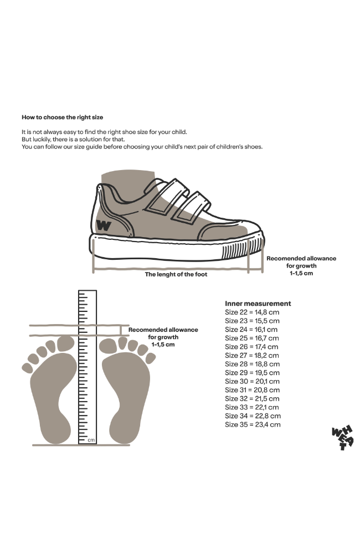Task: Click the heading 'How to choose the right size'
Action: click(62, 117)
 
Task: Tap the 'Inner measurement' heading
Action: click(258, 304)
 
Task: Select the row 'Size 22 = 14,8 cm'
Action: click(252, 312)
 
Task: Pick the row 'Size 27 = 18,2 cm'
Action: click(252, 355)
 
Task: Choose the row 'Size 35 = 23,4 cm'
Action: click(253, 424)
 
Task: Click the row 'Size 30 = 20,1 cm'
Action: click(252, 381)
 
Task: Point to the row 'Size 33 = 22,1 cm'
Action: click(252, 407)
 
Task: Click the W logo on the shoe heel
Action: click(103, 225)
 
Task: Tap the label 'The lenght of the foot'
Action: click(176, 274)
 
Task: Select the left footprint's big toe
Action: click(65, 343)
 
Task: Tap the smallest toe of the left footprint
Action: click(26, 367)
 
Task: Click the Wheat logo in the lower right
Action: click(341, 438)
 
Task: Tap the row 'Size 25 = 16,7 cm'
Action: click(252, 338)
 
